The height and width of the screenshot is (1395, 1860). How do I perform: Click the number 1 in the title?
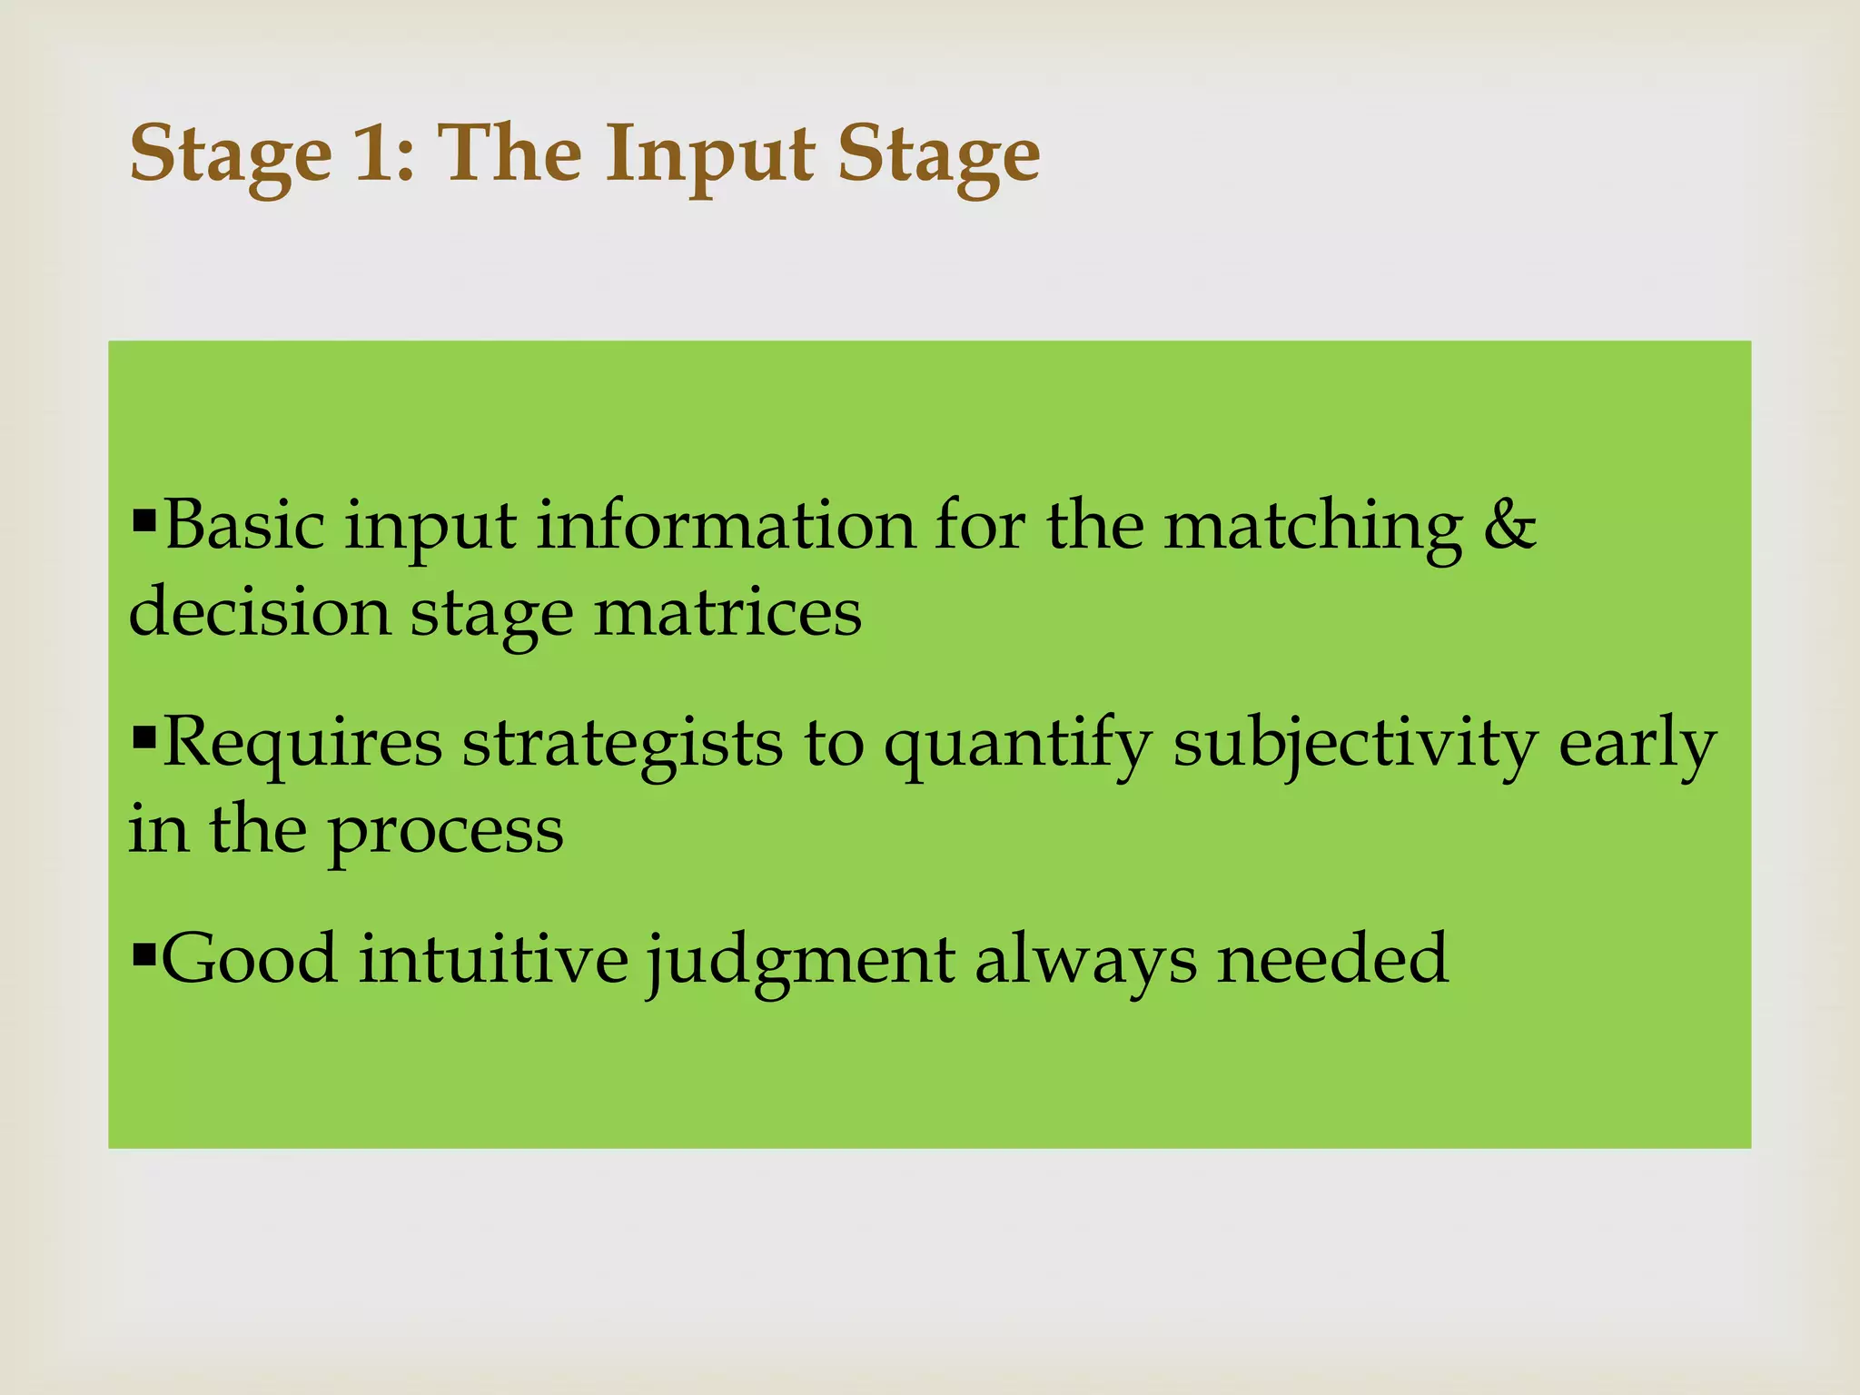[x=374, y=153]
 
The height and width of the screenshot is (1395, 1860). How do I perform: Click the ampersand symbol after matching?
[x=1509, y=525]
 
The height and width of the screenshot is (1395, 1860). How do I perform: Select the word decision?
[x=260, y=611]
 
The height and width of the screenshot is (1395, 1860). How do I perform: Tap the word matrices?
[x=727, y=611]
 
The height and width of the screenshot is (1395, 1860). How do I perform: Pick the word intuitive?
[x=493, y=959]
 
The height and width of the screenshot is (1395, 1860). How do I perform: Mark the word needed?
[x=1332, y=959]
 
